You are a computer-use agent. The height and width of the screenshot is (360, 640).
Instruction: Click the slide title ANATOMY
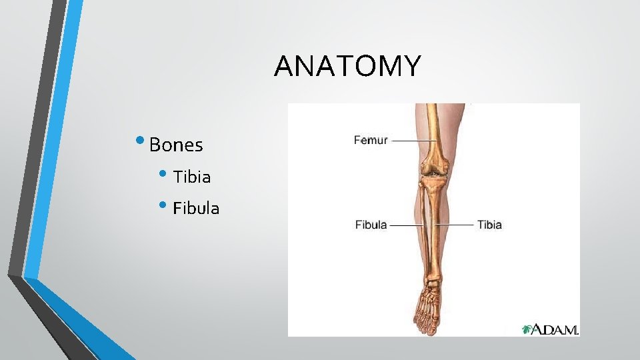(347, 66)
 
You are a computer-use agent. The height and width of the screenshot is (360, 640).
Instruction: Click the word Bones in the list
(176, 145)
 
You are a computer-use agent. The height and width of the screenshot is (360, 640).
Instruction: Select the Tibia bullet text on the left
(192, 177)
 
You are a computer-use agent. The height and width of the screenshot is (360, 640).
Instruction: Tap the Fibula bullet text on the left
(196, 209)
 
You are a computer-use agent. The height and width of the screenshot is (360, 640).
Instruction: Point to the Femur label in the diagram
(370, 141)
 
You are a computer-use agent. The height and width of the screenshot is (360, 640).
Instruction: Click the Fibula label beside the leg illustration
(371, 225)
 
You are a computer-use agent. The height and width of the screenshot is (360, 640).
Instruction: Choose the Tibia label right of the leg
(489, 225)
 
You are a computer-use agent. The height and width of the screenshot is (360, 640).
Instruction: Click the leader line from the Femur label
(413, 141)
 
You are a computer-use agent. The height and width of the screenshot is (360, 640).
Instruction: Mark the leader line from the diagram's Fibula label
(407, 225)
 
